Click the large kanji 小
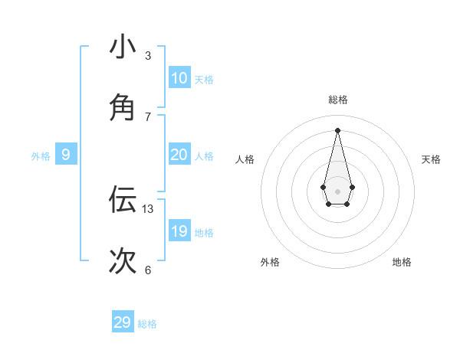[x=123, y=47]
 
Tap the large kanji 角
[x=123, y=108]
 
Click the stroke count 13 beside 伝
[x=148, y=208]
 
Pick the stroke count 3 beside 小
[x=148, y=55]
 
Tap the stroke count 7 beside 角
[x=148, y=116]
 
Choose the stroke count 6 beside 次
[x=148, y=270]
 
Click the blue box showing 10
[x=179, y=78]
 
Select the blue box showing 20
[x=179, y=155]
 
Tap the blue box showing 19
[x=179, y=231]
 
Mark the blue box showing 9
[x=66, y=155]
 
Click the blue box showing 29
[x=123, y=322]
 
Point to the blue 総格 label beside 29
[x=147, y=324]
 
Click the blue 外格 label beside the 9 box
[x=41, y=156]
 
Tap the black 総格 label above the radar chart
[x=338, y=100]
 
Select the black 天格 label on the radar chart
[x=431, y=159]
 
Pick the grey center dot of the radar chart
[x=337, y=191]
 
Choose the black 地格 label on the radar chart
[x=402, y=262]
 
